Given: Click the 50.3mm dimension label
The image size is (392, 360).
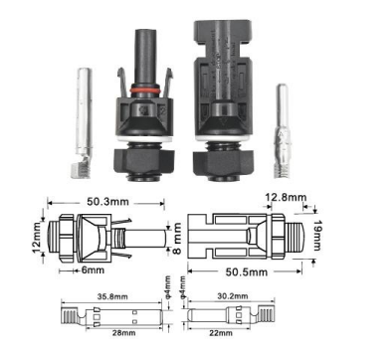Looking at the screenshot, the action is [107, 201].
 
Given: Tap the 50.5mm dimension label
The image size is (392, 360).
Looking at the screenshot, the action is [247, 272].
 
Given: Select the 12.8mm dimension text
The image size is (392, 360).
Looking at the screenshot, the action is [286, 197].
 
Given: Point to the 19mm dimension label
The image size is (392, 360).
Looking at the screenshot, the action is [317, 235].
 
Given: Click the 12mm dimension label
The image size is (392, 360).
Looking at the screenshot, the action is [37, 237].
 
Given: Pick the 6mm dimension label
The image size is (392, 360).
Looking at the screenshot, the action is [93, 270].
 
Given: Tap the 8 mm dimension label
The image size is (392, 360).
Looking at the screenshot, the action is [177, 239].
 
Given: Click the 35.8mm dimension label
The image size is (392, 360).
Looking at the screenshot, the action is [112, 296].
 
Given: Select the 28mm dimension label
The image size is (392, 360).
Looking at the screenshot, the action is [123, 332].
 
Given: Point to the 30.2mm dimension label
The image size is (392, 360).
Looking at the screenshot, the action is [233, 296].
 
